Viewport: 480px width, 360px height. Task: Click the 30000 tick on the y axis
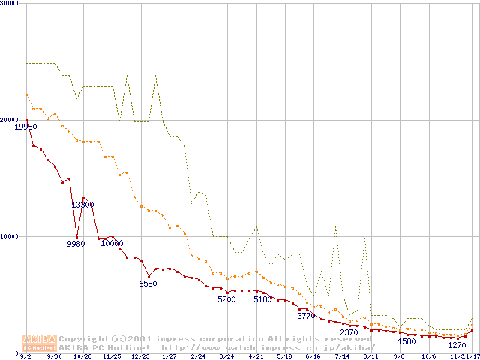pos(10,4)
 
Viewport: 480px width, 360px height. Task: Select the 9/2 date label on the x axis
pos(26,356)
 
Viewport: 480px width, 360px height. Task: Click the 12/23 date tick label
pos(140,356)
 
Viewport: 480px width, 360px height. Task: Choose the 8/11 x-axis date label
pos(370,356)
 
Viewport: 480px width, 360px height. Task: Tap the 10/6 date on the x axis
pos(428,356)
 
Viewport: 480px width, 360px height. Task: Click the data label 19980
pos(25,127)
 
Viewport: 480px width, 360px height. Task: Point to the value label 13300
pos(82,205)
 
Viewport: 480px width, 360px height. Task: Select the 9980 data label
pos(76,244)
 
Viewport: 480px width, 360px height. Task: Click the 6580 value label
pos(148,283)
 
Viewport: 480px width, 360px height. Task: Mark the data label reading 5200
pos(226,299)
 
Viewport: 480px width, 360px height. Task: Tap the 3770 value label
pos(306,316)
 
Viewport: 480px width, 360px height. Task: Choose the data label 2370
pos(349,332)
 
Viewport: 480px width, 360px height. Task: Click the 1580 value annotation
pos(406,341)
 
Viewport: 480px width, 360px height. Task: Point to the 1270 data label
pos(457,346)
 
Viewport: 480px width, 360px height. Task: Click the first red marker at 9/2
pos(26,120)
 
